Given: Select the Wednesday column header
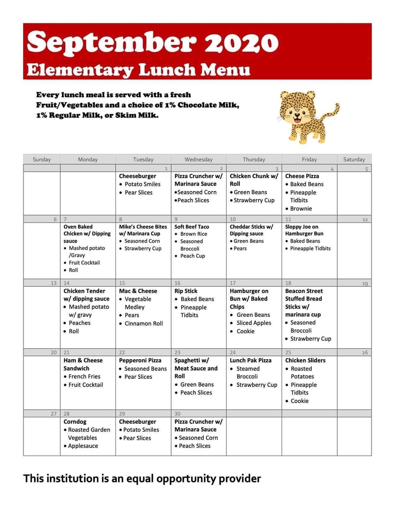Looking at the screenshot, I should click(x=198, y=160).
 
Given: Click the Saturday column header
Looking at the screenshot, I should click(x=354, y=160).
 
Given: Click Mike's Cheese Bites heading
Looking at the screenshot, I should click(x=143, y=227).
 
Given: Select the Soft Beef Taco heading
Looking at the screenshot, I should click(x=192, y=227).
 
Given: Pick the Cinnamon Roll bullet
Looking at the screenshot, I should click(x=144, y=323).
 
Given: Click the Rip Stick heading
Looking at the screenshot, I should click(x=186, y=291).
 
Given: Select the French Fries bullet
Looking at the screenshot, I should click(x=84, y=377).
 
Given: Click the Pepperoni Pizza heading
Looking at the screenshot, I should click(x=140, y=360).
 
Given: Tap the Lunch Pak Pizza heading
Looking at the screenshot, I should click(x=251, y=360).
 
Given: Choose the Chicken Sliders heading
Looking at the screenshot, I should click(x=305, y=360).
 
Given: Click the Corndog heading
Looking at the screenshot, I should click(x=75, y=422).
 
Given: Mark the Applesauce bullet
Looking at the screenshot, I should click(x=83, y=446).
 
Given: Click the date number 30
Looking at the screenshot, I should click(x=177, y=414).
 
